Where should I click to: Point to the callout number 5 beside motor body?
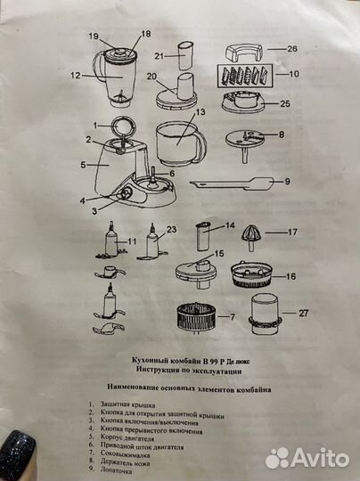(x=82, y=165)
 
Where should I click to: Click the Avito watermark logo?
(x=307, y=458)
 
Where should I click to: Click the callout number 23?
(x=172, y=229)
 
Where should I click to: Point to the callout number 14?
(x=229, y=226)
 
